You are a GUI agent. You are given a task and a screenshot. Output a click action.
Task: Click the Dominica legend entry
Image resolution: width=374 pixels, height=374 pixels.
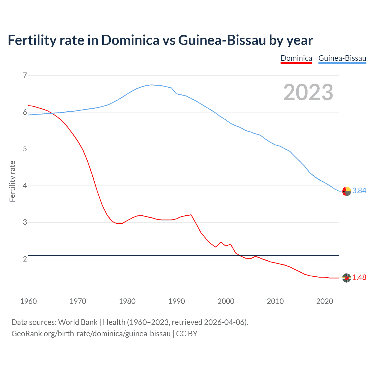(296, 58)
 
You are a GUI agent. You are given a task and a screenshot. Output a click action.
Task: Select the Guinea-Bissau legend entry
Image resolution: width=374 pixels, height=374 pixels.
(342, 58)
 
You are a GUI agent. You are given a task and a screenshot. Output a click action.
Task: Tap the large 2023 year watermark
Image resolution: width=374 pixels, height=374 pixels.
(308, 92)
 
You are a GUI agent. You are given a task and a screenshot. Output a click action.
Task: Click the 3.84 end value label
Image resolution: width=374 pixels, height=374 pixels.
(359, 191)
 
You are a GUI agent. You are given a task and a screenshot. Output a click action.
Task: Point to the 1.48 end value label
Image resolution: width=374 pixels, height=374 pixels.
(359, 278)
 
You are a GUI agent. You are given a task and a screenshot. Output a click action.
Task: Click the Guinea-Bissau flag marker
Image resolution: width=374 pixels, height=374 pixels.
(347, 191)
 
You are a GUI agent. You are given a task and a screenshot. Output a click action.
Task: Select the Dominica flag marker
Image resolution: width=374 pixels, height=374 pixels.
(347, 278)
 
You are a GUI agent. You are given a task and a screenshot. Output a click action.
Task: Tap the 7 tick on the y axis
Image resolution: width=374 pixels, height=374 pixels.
(25, 76)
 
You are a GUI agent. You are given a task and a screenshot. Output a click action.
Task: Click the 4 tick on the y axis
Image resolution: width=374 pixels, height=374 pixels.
(25, 186)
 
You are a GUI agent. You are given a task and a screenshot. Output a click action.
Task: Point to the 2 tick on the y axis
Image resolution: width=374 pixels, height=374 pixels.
(25, 259)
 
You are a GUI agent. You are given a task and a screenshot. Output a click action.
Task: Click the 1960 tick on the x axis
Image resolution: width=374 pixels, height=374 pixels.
(28, 301)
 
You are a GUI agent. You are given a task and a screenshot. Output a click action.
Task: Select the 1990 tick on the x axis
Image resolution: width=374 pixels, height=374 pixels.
(176, 301)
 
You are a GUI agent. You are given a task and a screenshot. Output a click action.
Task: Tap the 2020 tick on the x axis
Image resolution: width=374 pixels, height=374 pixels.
(325, 301)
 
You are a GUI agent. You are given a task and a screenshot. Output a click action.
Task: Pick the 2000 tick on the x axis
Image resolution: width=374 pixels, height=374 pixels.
(226, 301)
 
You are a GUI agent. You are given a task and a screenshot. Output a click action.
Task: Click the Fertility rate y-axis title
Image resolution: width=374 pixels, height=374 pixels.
(12, 181)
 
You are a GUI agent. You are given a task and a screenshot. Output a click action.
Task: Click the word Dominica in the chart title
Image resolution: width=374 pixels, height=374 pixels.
(130, 40)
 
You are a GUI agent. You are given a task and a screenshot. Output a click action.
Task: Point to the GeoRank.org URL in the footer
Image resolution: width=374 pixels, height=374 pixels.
(91, 334)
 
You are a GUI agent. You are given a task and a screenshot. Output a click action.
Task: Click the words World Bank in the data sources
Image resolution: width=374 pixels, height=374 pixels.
(78, 322)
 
